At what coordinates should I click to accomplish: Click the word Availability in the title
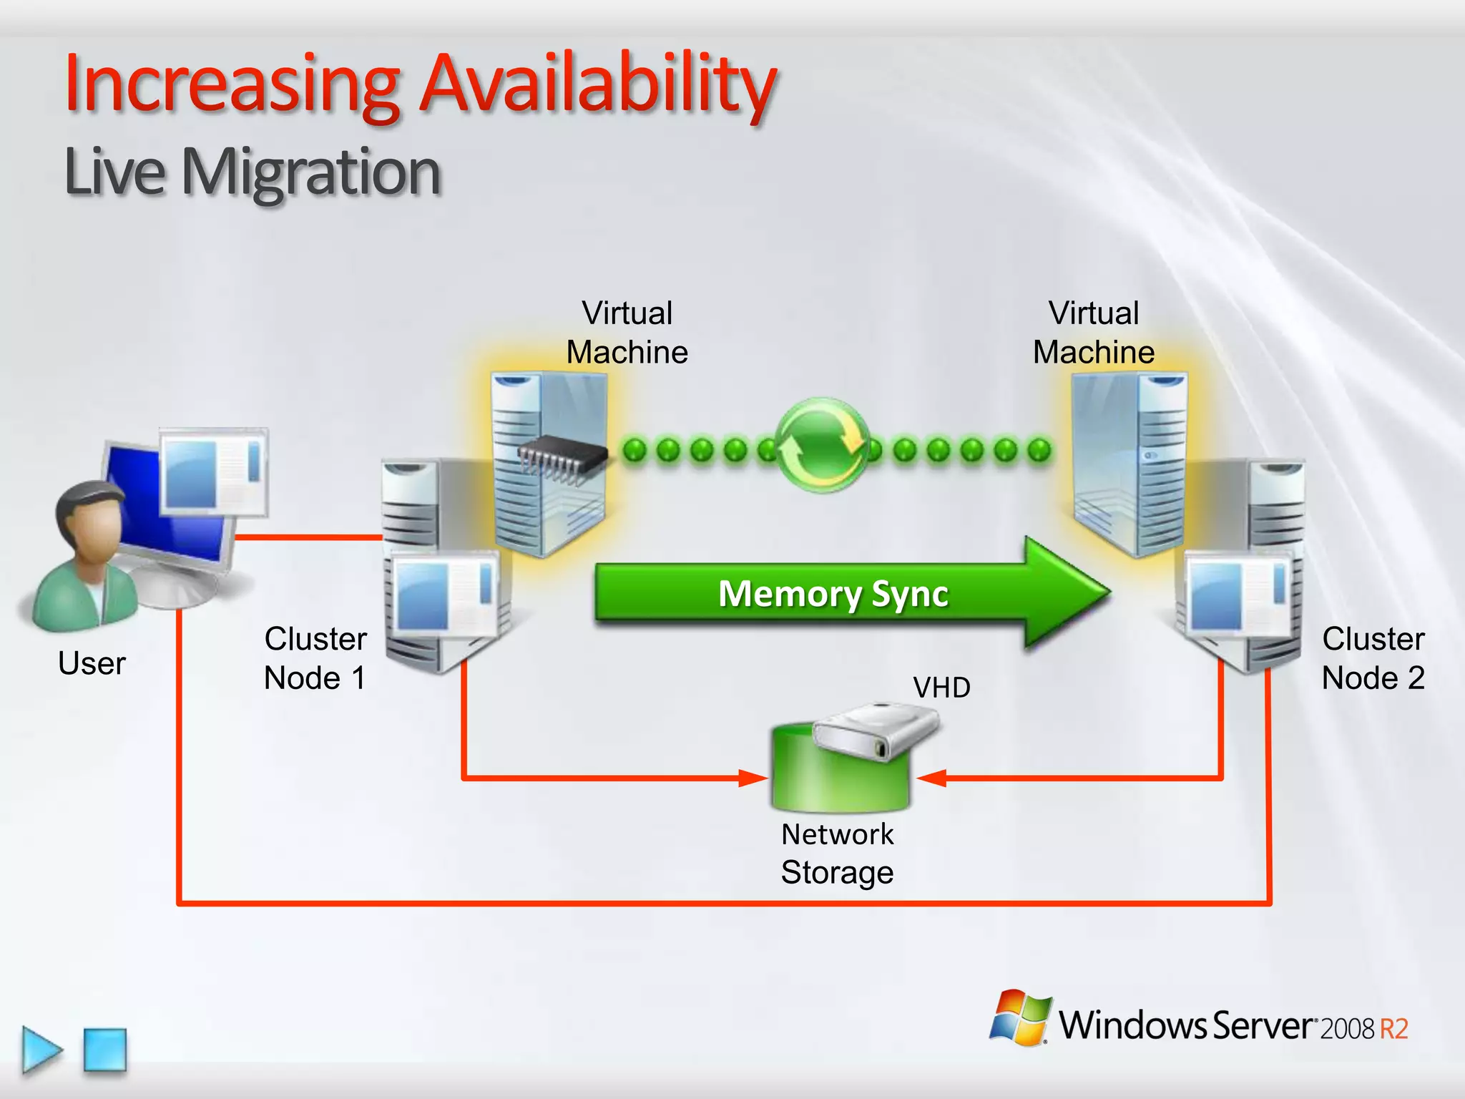pos(597,84)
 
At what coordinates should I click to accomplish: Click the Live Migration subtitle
pos(252,172)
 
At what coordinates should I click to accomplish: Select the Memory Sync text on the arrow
pos(833,594)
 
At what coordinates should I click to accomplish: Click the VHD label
pos(941,688)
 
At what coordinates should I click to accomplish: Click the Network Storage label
pos(837,853)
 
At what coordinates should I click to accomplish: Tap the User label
pos(92,663)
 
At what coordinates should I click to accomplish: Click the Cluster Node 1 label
pos(315,658)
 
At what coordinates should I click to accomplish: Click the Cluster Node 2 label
pos(1372,658)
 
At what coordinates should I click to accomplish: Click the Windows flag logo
pos(1020,1017)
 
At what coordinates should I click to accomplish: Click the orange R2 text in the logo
pos(1393,1029)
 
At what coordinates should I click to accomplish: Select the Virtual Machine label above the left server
pos(627,333)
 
